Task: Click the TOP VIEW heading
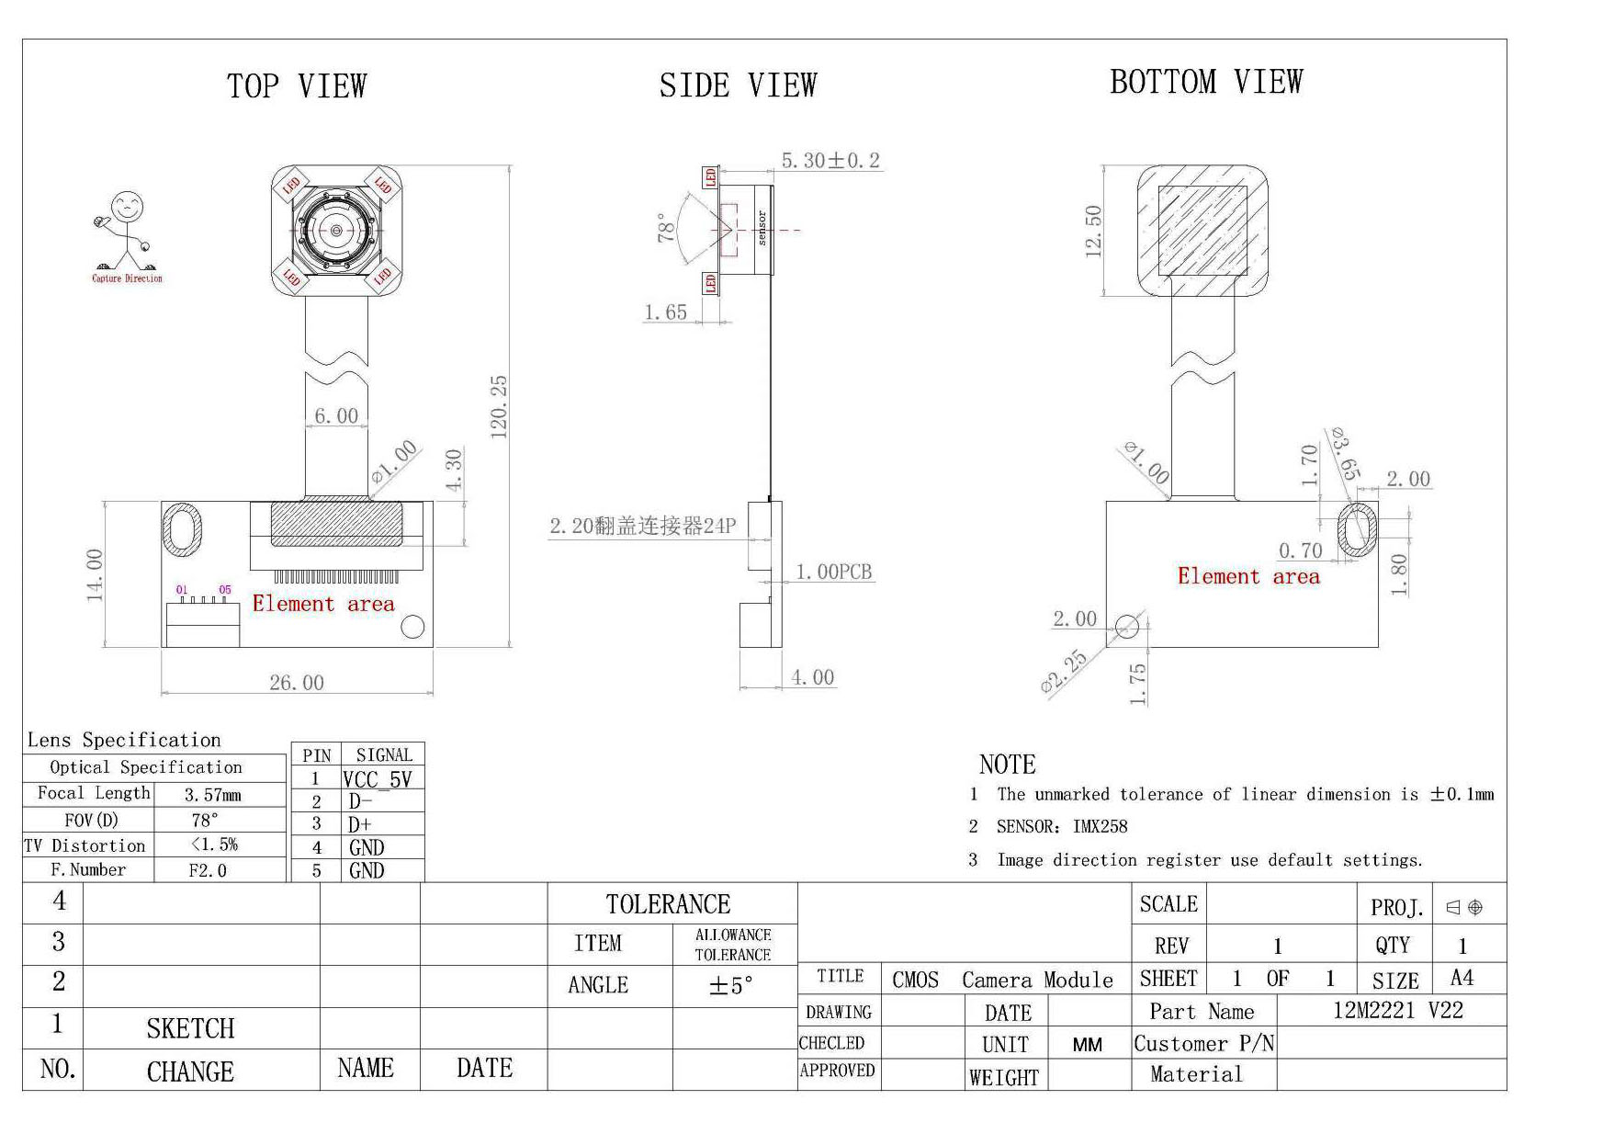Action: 297,86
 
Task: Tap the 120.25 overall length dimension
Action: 499,407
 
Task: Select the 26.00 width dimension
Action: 297,683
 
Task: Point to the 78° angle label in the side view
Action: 666,227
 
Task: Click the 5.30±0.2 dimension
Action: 830,161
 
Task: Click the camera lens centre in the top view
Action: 336,230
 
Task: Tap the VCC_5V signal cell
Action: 378,779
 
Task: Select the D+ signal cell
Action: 360,824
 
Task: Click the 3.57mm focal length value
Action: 213,795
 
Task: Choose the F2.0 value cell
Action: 208,870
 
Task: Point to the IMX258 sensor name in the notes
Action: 1100,826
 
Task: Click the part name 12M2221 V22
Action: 1397,1010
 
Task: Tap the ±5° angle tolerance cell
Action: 731,986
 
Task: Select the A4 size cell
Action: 1462,978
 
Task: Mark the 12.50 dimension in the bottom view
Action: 1093,232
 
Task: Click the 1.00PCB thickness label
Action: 833,572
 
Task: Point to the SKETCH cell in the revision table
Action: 191,1028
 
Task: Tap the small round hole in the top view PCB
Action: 413,627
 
